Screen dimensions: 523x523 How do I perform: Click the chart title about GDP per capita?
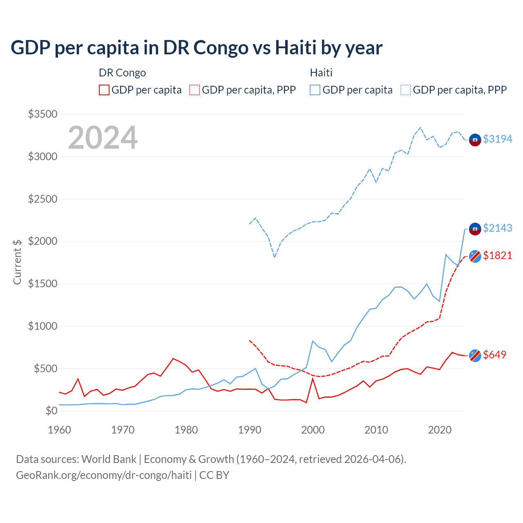point(197,48)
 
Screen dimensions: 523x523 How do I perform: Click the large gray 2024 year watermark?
point(103,138)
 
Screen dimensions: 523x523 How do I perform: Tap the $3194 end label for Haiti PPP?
point(497,139)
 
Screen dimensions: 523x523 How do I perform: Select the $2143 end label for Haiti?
point(497,228)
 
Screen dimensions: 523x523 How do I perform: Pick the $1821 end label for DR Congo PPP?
point(497,255)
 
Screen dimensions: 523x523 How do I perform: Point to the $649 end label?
point(494,355)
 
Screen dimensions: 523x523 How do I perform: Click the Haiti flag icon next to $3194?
point(475,140)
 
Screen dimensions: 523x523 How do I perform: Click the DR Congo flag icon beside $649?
point(475,355)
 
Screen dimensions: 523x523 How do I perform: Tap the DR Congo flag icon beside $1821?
point(475,256)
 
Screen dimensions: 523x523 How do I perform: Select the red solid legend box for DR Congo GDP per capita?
point(104,90)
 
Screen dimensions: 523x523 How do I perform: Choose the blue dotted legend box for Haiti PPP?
point(406,90)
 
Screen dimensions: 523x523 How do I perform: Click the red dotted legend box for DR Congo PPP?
point(195,90)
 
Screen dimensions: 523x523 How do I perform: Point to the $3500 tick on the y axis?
point(42,114)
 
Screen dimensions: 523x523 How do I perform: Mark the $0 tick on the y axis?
point(51,411)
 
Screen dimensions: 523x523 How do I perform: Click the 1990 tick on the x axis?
point(249,430)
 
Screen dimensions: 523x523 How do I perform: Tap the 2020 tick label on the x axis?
point(439,430)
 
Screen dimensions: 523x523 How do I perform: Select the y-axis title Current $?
point(17,261)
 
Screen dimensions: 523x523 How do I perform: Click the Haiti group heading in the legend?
point(321,73)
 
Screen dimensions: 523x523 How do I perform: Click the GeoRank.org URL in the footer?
point(104,475)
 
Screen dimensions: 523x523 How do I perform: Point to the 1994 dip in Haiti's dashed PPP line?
point(275,257)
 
